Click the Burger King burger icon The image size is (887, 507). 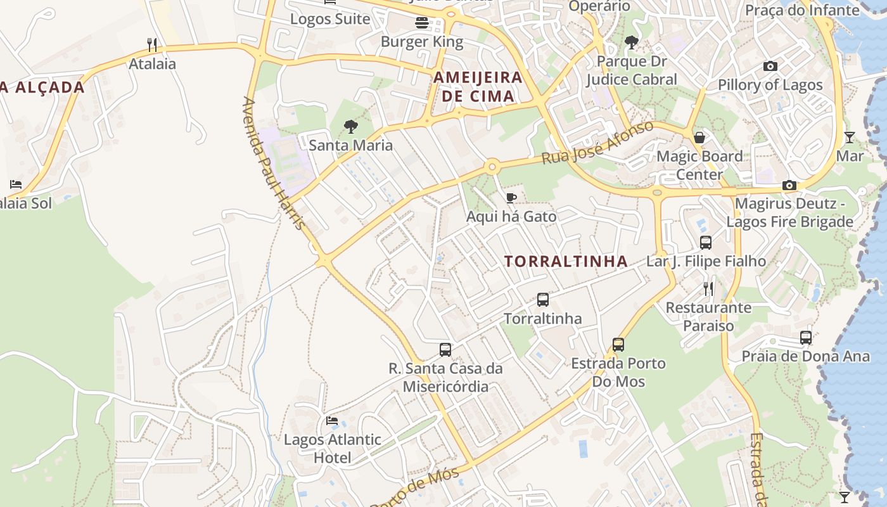click(x=422, y=23)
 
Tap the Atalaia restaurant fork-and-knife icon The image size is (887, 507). click(x=152, y=45)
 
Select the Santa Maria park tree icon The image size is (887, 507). click(x=350, y=127)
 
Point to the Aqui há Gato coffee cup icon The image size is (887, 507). click(x=511, y=198)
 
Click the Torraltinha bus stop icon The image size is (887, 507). click(x=543, y=300)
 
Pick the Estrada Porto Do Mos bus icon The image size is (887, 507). click(x=618, y=345)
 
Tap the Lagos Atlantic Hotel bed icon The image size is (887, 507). click(x=332, y=421)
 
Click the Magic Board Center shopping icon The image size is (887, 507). click(x=699, y=138)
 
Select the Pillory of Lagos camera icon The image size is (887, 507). click(x=770, y=66)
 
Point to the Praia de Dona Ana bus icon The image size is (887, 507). click(x=806, y=338)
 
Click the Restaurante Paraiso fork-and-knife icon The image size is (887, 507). click(x=708, y=289)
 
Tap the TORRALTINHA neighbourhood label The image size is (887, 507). click(x=566, y=261)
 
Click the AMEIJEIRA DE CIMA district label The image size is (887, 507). click(x=478, y=87)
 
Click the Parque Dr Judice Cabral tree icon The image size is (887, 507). click(x=631, y=42)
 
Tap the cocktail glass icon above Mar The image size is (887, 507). click(x=850, y=137)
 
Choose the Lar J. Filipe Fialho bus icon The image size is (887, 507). click(x=706, y=242)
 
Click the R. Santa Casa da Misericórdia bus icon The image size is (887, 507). click(x=445, y=350)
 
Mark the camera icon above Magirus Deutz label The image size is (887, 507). click(x=789, y=185)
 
